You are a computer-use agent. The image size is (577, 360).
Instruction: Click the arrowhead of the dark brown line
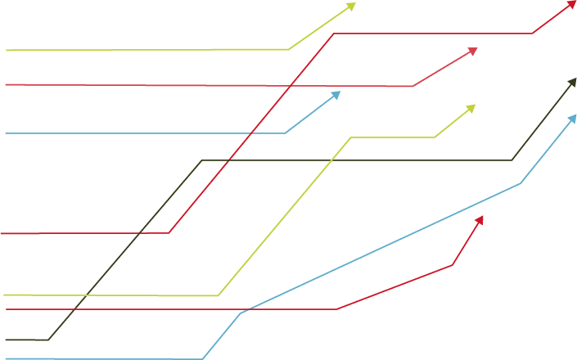[574, 79]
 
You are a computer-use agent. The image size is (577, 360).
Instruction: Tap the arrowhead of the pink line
[474, 50]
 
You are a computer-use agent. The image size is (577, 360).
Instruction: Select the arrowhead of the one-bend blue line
[338, 93]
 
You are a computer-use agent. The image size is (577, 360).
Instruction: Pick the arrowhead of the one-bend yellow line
[354, 5]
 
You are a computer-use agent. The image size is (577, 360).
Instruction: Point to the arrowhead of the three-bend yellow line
[473, 106]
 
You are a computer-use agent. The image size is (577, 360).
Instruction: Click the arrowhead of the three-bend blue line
[574, 116]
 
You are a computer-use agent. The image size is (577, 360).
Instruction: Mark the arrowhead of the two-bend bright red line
[481, 218]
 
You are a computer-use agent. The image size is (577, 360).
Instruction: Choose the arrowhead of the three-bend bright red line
[573, 3]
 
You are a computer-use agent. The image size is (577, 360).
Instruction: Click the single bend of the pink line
[412, 86]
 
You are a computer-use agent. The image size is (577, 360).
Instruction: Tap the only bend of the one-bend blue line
[285, 133]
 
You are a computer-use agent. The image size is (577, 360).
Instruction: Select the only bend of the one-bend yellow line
[289, 49]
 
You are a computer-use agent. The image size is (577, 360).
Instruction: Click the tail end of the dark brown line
[6, 340]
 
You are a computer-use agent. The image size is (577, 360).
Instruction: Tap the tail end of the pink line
[7, 84]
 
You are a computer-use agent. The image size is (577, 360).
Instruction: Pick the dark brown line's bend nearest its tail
[49, 339]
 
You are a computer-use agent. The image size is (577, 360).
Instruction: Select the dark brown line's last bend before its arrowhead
[512, 160]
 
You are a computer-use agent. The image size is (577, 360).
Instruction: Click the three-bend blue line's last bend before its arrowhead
[521, 183]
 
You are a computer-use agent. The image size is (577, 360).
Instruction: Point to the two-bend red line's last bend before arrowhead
[453, 264]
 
